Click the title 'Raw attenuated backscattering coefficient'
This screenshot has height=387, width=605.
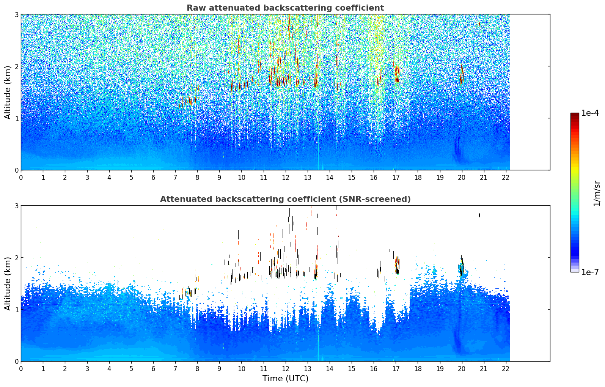[x=285, y=8]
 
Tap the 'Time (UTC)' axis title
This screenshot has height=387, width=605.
[x=285, y=378]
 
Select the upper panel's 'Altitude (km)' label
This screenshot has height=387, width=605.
[x=8, y=92]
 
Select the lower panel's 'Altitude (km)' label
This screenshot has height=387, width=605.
[x=8, y=283]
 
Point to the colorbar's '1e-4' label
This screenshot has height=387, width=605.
[x=590, y=113]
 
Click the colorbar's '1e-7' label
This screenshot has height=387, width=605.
[x=590, y=272]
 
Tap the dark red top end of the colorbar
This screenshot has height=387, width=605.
[x=574, y=115]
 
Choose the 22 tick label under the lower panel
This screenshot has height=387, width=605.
[x=506, y=369]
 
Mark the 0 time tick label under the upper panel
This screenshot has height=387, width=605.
[x=21, y=178]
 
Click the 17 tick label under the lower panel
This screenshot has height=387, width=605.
[x=396, y=369]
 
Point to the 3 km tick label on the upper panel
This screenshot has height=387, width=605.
[x=16, y=14]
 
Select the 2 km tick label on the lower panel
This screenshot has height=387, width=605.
[x=16, y=258]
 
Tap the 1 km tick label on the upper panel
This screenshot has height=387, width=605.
[x=16, y=118]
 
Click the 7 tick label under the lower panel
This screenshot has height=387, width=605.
[x=175, y=369]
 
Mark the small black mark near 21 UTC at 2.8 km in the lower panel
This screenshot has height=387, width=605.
[x=479, y=215]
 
